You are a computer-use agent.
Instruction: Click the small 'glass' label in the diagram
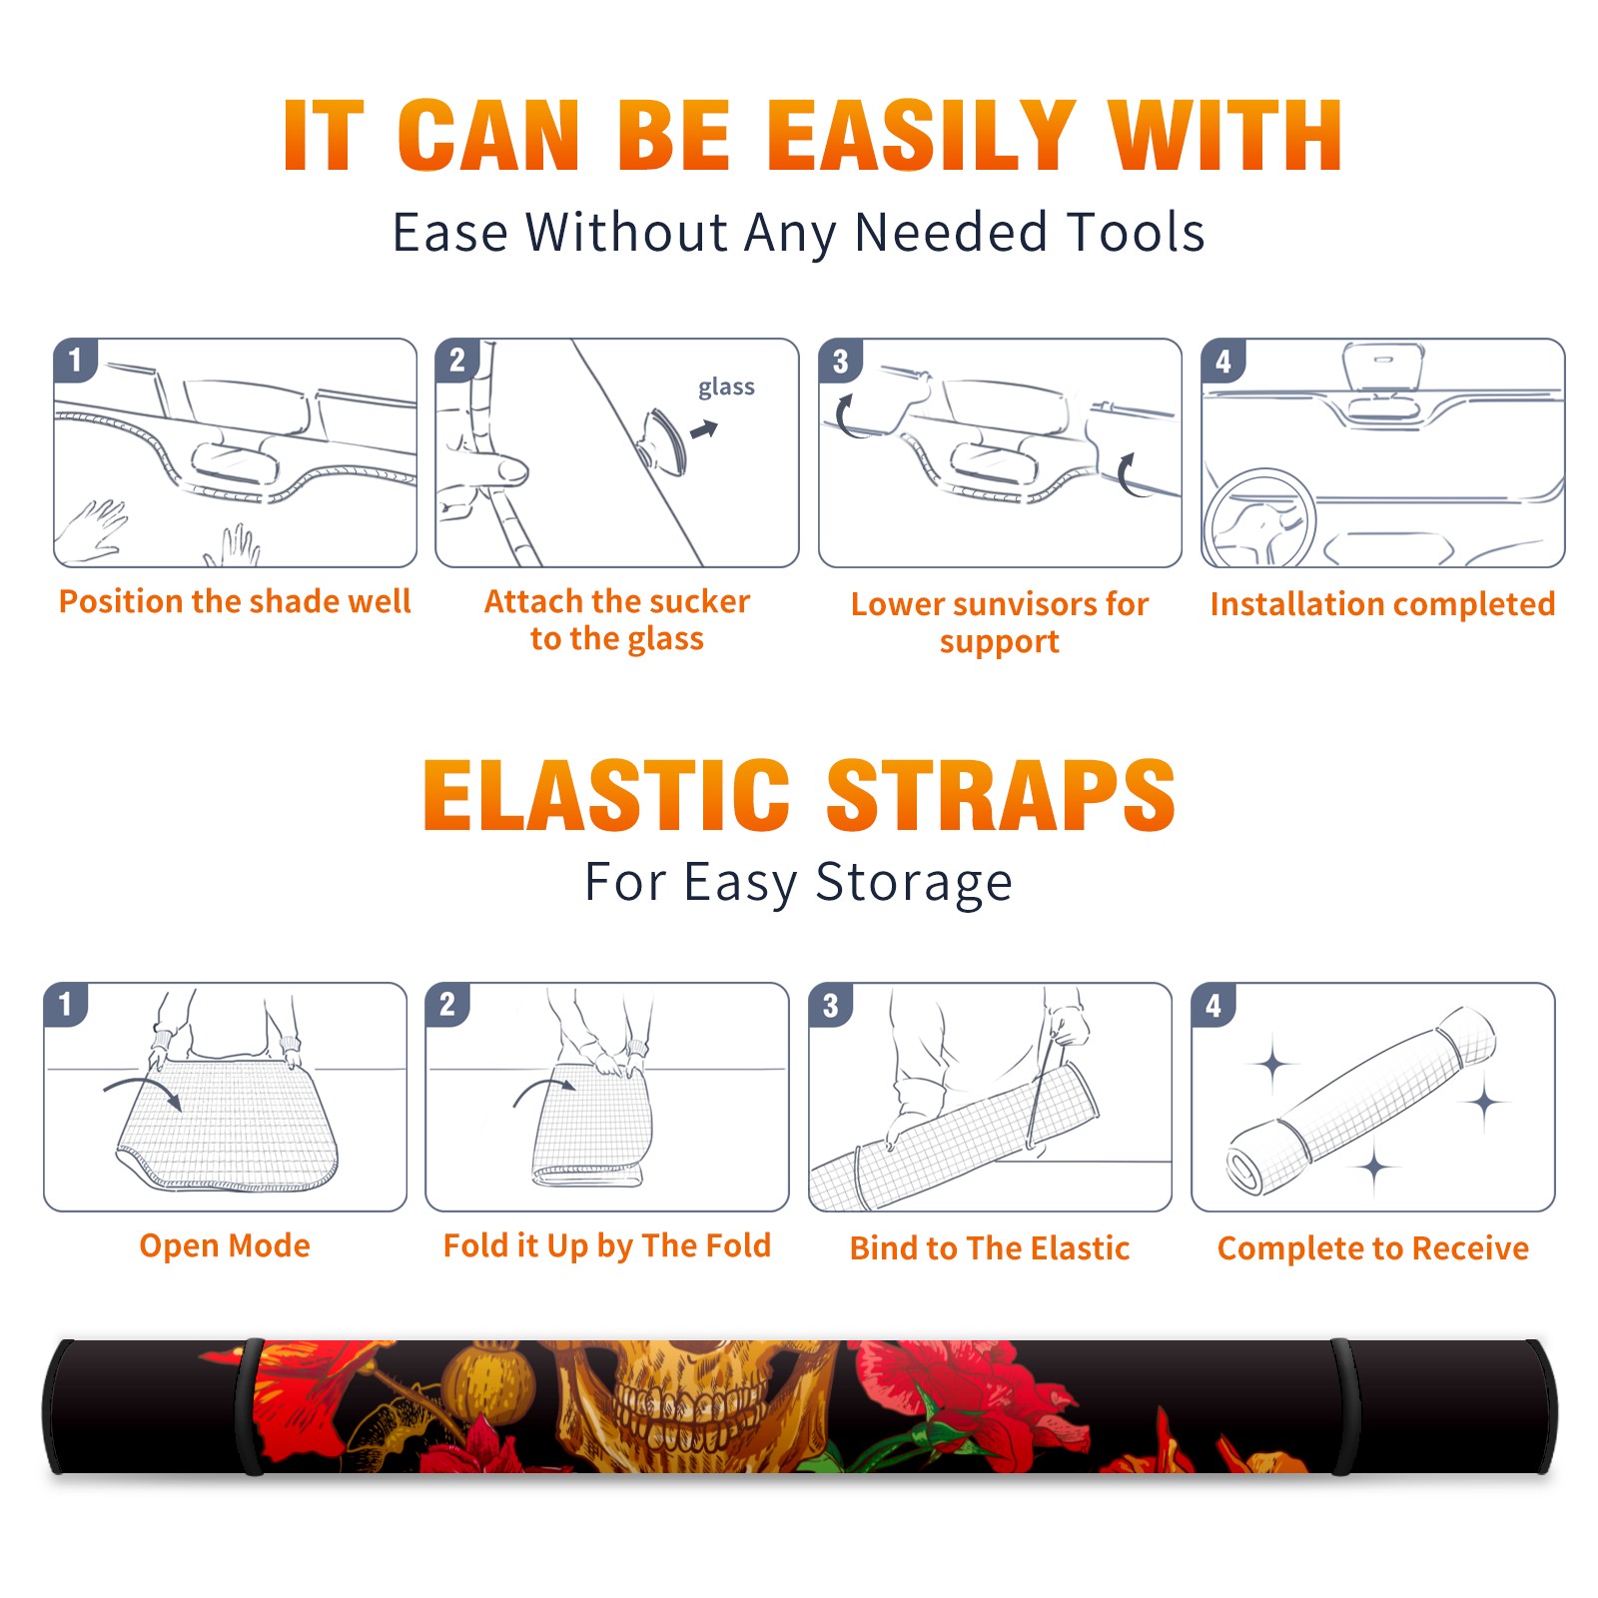(726, 388)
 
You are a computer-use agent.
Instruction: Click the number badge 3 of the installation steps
(840, 361)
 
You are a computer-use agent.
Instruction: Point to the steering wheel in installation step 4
(1259, 517)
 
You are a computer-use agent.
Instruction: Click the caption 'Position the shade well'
(235, 601)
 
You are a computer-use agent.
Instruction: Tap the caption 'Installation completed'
(1382, 603)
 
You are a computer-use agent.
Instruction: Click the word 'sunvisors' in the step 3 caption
(1013, 604)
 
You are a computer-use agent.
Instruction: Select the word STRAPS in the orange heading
(1001, 795)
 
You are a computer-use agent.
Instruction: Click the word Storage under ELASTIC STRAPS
(914, 883)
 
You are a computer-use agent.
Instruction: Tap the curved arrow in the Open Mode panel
(142, 1091)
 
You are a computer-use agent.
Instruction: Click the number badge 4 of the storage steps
(1213, 1005)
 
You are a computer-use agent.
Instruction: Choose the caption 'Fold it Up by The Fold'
(607, 1245)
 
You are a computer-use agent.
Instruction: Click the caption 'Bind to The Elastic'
(990, 1248)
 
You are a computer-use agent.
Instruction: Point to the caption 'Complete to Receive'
(1373, 1248)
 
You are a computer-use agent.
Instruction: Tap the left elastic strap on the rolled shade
(250, 1407)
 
